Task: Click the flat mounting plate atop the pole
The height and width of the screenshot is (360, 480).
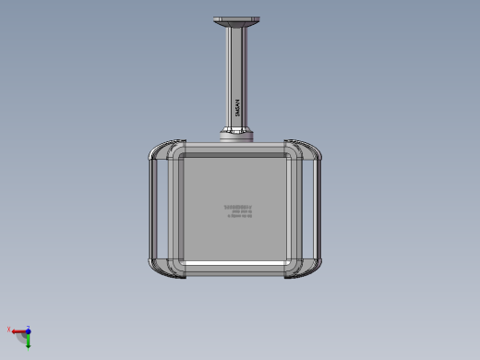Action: pyautogui.click(x=237, y=19)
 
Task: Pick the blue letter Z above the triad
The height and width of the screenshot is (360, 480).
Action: pyautogui.click(x=29, y=326)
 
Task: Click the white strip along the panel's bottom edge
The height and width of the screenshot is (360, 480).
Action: pyautogui.click(x=236, y=265)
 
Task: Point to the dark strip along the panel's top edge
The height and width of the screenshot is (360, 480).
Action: pyautogui.click(x=236, y=154)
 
